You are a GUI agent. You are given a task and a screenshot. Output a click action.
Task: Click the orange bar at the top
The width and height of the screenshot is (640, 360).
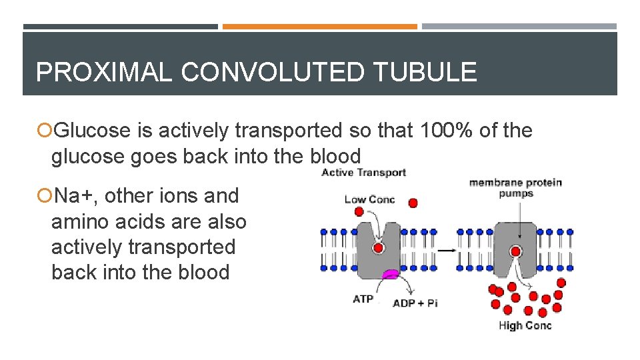point(319,27)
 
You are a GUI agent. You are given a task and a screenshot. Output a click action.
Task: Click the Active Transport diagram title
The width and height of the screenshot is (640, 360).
point(363,173)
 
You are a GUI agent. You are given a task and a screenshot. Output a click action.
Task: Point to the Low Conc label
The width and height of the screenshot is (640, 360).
point(369,199)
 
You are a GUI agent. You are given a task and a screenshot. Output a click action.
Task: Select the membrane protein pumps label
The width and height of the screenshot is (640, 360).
point(515,187)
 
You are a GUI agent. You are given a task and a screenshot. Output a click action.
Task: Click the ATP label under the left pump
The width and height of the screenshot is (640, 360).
point(363,299)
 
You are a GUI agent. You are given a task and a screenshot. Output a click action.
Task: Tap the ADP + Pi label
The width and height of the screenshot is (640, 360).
point(415,303)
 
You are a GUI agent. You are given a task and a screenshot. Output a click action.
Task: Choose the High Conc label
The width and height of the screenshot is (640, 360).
point(525,325)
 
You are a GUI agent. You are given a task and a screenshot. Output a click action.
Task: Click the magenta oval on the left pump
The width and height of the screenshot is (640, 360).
point(390,273)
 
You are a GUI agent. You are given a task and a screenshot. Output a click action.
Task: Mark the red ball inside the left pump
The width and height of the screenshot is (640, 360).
point(378,248)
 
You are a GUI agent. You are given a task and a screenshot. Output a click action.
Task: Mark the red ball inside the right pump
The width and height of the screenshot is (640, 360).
point(515,251)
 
